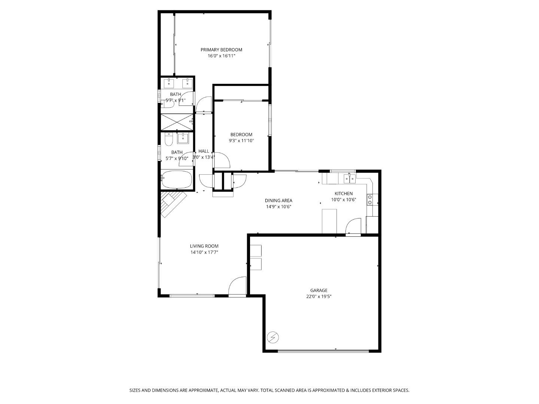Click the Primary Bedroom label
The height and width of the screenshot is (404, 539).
[x=221, y=50]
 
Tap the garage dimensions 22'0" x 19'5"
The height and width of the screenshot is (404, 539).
[x=319, y=297]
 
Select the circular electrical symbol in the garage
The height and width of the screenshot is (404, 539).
[x=273, y=337]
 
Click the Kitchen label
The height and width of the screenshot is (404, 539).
[x=343, y=193]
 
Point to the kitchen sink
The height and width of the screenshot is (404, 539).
[x=349, y=178]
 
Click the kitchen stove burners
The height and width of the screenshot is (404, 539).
[x=370, y=200]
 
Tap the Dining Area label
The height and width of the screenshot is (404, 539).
[x=278, y=201]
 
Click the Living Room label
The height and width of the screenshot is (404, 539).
[x=204, y=246]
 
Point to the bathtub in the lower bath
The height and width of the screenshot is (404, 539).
[x=177, y=180]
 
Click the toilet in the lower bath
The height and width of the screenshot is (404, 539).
[x=169, y=140]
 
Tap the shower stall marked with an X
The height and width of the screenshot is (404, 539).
[x=176, y=121]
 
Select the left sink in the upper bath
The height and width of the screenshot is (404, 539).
[x=170, y=83]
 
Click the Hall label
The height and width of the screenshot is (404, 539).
[x=204, y=151]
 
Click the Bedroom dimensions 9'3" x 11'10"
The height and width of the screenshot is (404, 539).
[x=241, y=141]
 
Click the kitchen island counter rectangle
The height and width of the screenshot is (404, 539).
[x=329, y=221]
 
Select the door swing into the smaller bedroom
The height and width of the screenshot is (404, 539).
[x=222, y=160]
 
